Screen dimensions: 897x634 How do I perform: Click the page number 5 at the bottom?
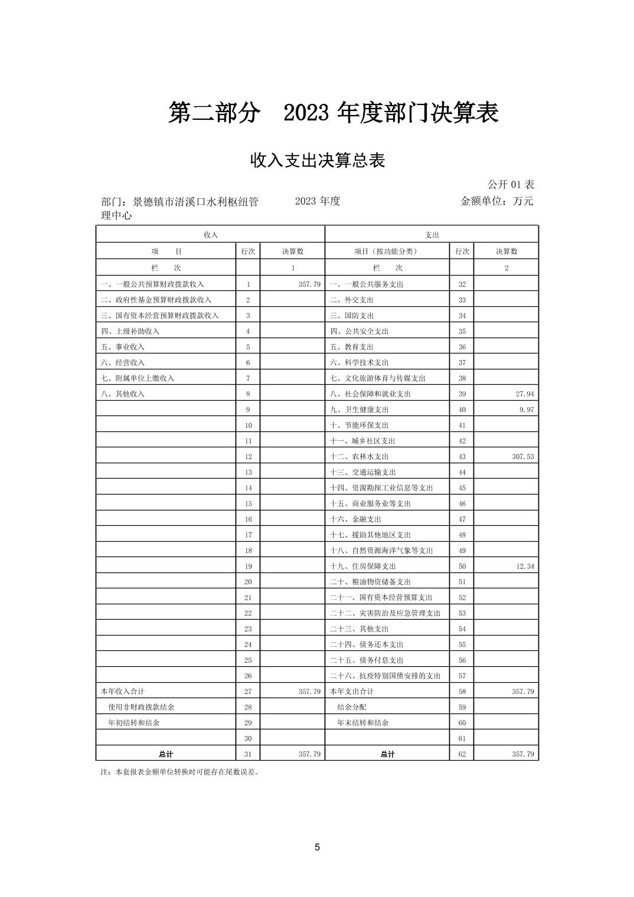click(317, 847)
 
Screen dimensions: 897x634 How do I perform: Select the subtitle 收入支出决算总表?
click(318, 160)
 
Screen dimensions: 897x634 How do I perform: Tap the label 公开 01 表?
click(511, 185)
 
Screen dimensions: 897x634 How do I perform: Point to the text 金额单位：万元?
click(496, 201)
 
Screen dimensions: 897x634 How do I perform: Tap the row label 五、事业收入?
click(123, 347)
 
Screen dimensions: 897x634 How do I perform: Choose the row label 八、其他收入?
click(123, 394)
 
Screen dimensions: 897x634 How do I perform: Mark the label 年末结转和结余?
click(362, 722)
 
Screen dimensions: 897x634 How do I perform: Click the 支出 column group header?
click(432, 234)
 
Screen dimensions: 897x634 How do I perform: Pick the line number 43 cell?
click(462, 456)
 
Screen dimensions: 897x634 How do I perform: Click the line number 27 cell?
click(248, 691)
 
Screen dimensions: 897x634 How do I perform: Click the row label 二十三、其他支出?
click(359, 628)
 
